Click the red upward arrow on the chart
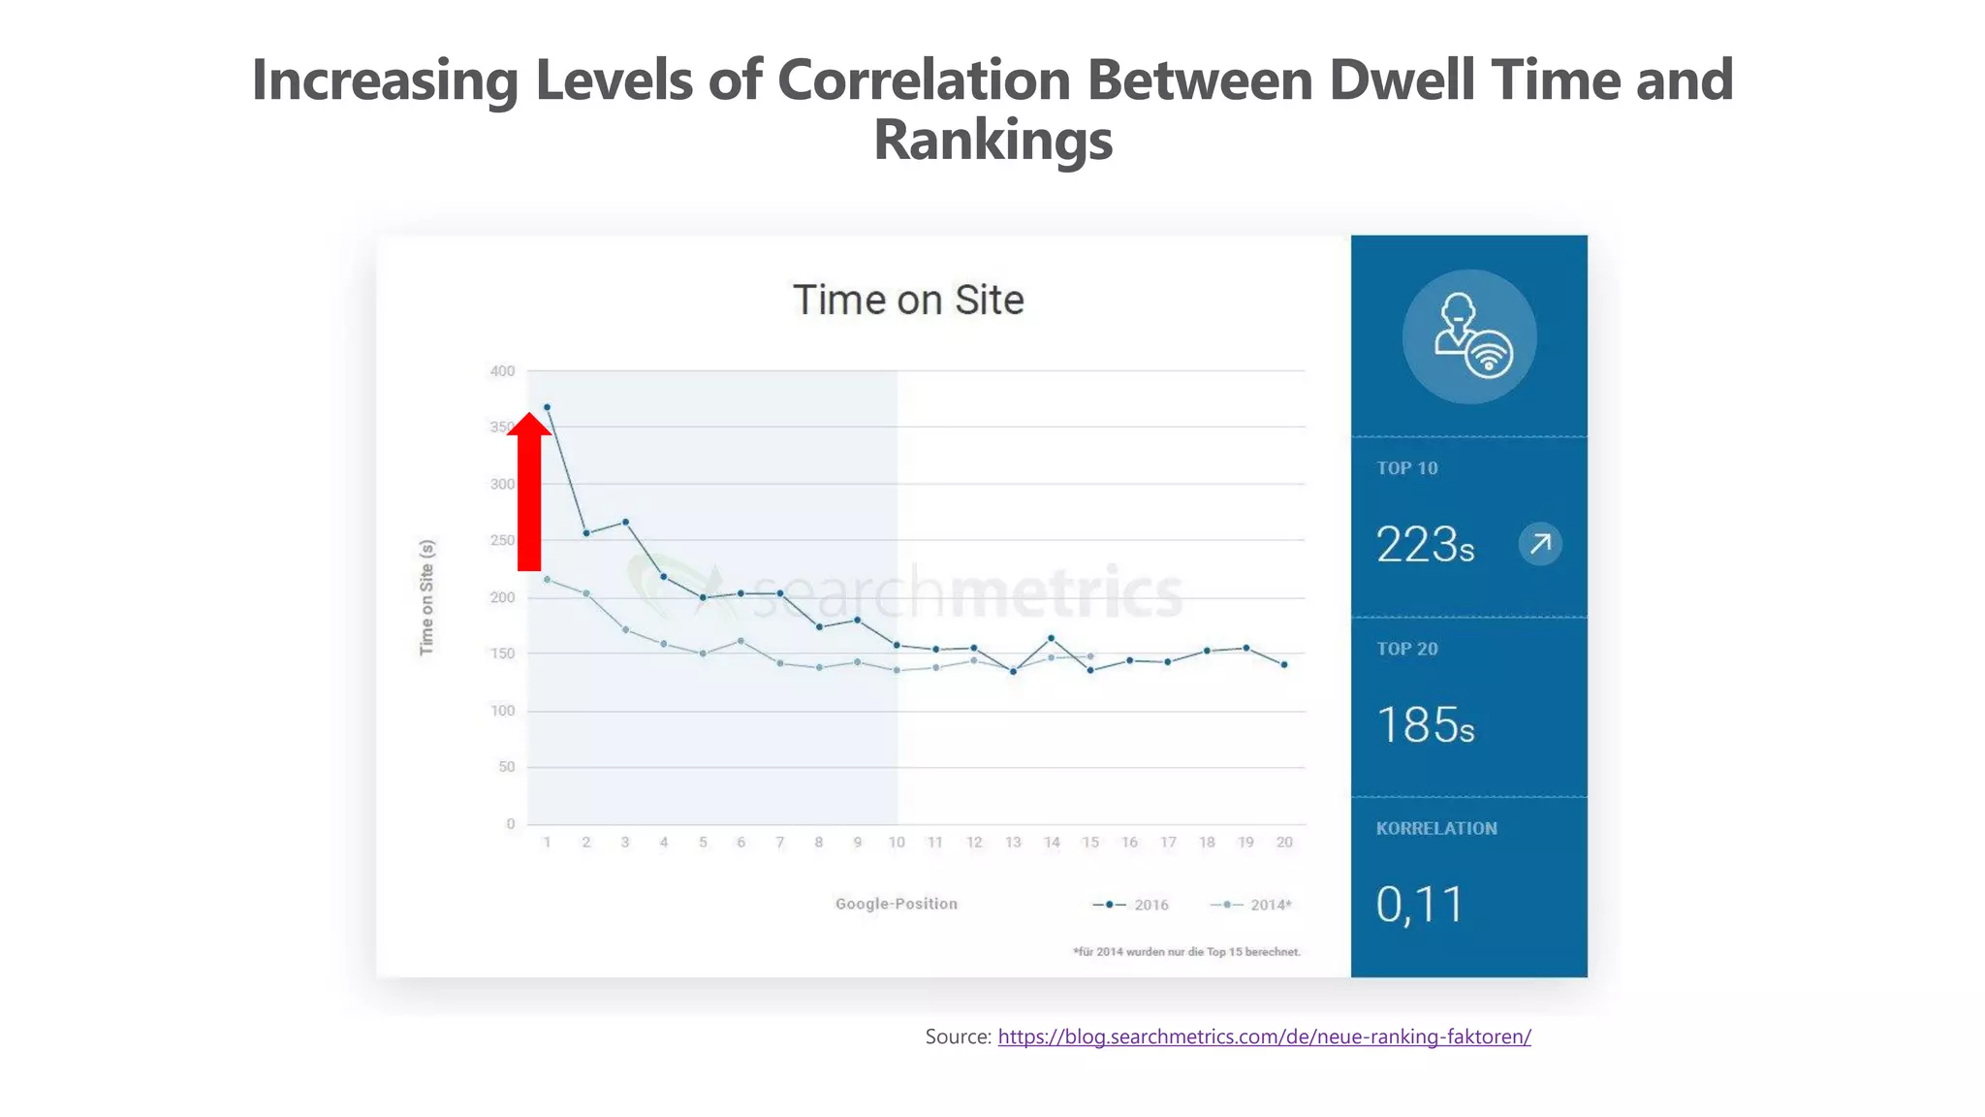tap(528, 495)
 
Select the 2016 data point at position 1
tap(547, 407)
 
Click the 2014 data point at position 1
tap(547, 580)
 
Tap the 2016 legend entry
tap(1132, 905)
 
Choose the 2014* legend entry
tap(1252, 905)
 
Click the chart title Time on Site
tap(908, 300)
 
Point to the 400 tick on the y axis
tap(502, 370)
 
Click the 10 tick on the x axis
tap(897, 842)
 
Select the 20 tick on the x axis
tap(1284, 842)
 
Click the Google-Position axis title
tap(897, 904)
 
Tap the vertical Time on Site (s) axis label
tap(426, 597)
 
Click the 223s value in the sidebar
tap(1425, 545)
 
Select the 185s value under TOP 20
tap(1425, 725)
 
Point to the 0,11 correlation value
tap(1419, 905)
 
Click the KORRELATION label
tap(1436, 828)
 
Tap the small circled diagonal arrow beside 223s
tap(1540, 544)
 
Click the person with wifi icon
tap(1469, 336)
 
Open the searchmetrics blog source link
tap(1264, 1037)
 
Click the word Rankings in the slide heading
tap(992, 140)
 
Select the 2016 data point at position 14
tap(1052, 638)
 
